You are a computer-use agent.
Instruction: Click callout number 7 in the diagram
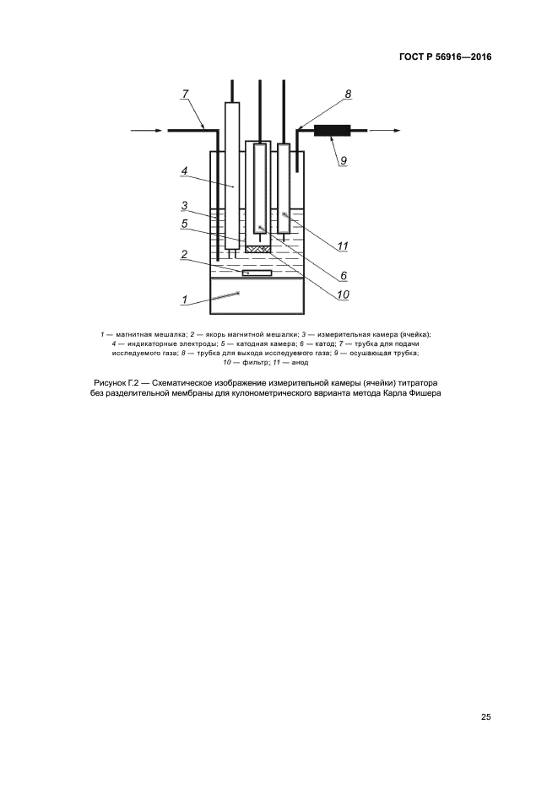point(185,94)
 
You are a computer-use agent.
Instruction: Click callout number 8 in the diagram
point(348,95)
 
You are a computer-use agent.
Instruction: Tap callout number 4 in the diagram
point(183,170)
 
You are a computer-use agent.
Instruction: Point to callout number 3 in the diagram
point(183,205)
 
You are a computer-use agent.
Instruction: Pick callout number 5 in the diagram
point(183,224)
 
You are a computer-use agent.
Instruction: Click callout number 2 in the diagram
point(183,254)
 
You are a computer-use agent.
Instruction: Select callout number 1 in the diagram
point(183,299)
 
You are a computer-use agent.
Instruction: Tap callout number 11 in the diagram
point(343,246)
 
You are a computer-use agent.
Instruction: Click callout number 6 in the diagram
point(344,275)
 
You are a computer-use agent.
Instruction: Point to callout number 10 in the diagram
point(343,295)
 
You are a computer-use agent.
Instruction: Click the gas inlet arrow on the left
point(147,131)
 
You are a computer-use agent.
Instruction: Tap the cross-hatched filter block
point(257,249)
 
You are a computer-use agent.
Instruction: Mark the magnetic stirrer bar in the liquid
point(257,273)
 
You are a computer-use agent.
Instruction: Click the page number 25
point(486,717)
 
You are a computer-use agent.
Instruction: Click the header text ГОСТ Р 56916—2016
point(445,57)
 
